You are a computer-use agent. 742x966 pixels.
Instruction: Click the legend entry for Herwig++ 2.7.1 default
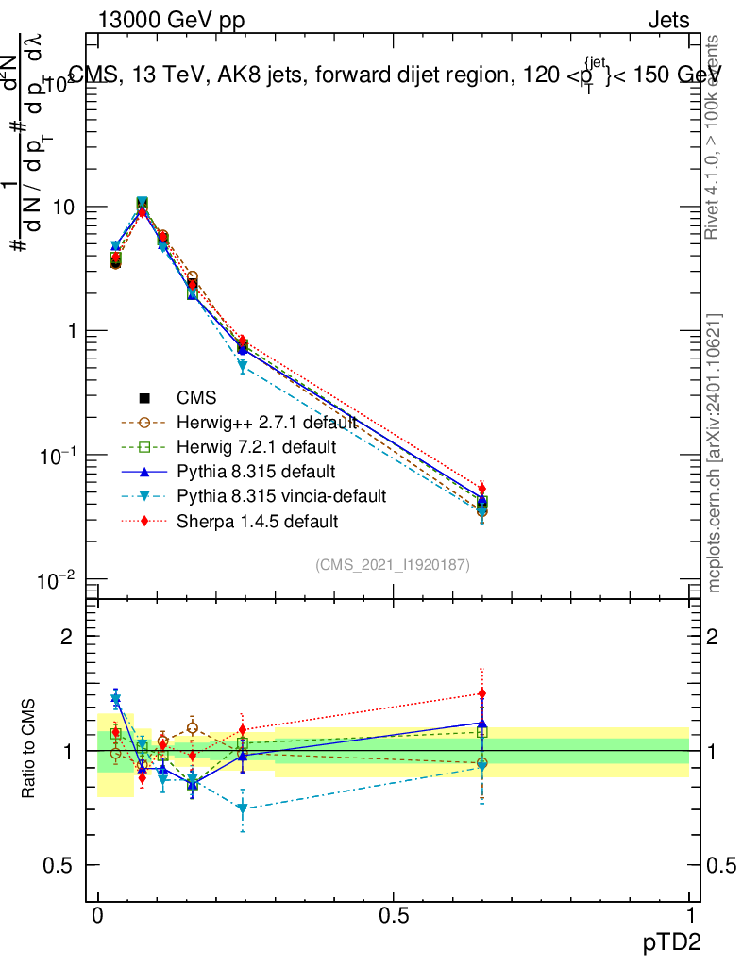[x=265, y=422]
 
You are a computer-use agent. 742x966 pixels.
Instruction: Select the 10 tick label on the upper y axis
[x=66, y=208]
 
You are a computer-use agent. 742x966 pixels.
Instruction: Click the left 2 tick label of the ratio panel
[x=67, y=637]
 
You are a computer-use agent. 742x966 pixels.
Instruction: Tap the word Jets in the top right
[x=667, y=20]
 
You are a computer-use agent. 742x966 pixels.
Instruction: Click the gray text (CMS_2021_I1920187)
[x=393, y=564]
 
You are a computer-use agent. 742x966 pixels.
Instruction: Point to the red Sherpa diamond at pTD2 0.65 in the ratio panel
[x=482, y=693]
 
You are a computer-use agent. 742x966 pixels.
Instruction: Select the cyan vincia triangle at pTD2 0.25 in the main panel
[x=243, y=366]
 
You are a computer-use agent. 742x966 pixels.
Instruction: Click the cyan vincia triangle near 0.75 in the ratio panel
[x=243, y=808]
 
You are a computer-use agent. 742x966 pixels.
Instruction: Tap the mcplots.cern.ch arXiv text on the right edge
[x=715, y=453]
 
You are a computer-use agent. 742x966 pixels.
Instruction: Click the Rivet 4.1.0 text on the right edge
[x=715, y=137]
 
